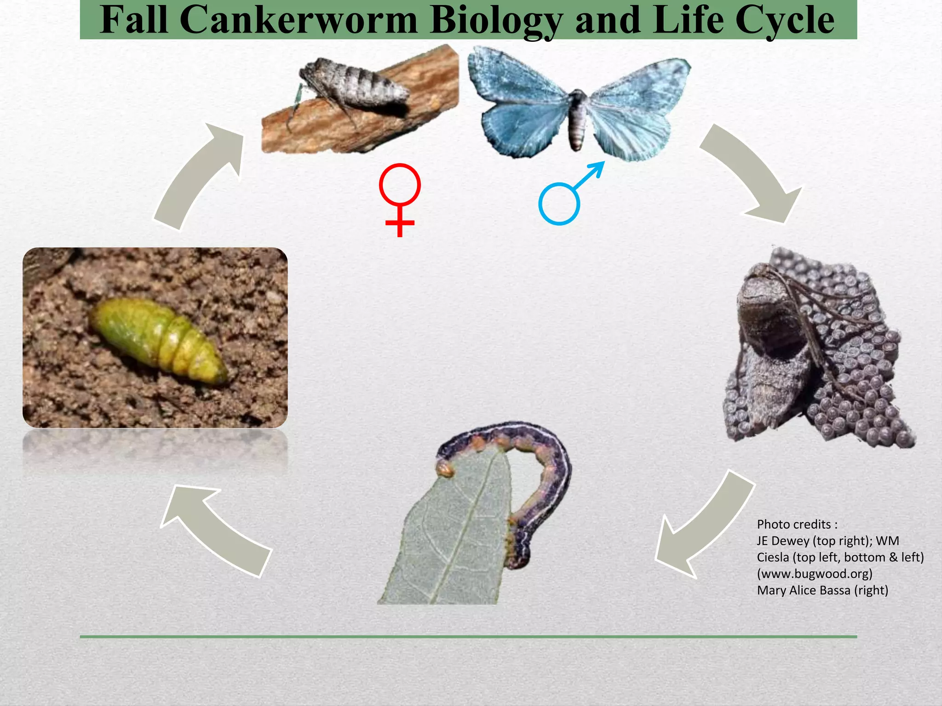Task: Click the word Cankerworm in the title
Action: click(298, 20)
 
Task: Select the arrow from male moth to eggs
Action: click(754, 175)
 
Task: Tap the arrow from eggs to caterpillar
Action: click(699, 524)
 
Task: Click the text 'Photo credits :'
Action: click(797, 524)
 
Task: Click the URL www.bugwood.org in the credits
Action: click(815, 574)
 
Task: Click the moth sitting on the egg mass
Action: click(768, 349)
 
